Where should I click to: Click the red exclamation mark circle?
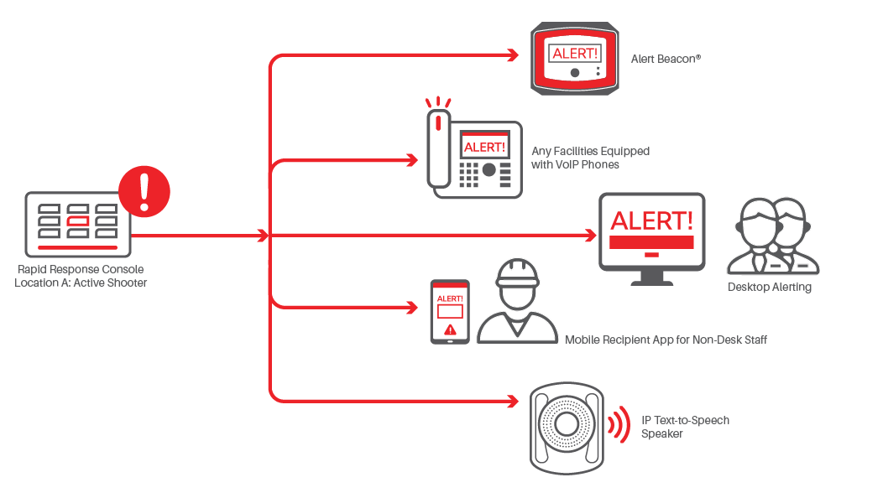(144, 190)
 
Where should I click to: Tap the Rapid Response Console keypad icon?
(78, 224)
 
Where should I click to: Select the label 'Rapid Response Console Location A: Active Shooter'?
(81, 276)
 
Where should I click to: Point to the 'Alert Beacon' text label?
(666, 60)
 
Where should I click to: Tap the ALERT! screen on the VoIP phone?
(484, 147)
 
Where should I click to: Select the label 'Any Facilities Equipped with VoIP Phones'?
(590, 158)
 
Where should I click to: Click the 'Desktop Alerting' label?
(770, 288)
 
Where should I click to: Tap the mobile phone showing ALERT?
(450, 311)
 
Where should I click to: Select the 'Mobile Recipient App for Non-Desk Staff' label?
(666, 340)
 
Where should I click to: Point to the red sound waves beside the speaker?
(619, 426)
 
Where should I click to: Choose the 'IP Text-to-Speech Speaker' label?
(685, 427)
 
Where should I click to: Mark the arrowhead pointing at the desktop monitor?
(591, 236)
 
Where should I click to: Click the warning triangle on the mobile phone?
(450, 329)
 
